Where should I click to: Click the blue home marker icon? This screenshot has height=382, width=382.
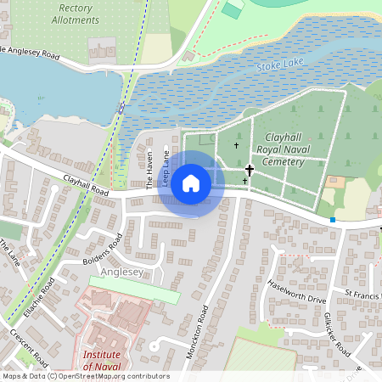pyautogui.click(x=191, y=183)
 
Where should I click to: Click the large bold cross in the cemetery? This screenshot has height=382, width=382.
pyautogui.click(x=249, y=171)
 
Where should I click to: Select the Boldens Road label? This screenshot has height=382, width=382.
pyautogui.click(x=104, y=248)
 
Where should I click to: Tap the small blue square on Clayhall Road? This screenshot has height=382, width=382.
pyautogui.click(x=333, y=220)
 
